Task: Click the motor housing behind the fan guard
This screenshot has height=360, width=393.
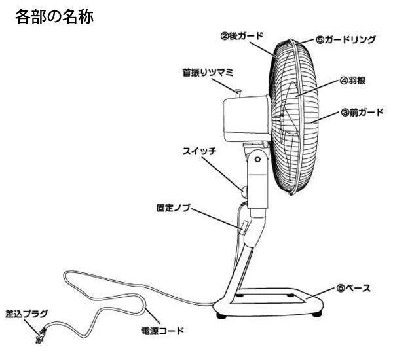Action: coord(246,117)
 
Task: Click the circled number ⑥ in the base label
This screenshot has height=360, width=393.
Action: coord(333,287)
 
